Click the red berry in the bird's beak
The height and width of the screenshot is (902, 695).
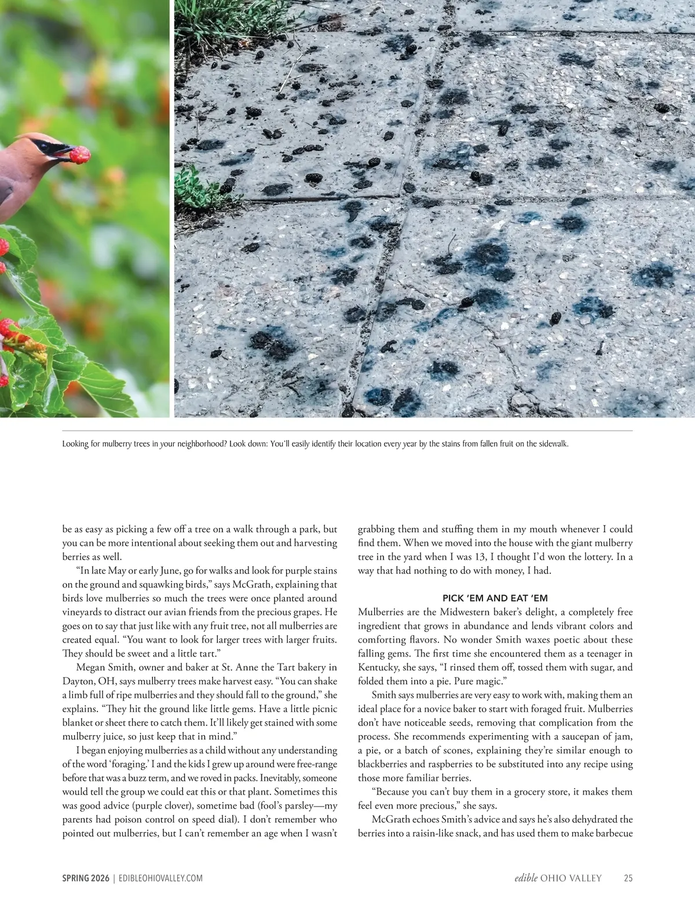pyautogui.click(x=79, y=154)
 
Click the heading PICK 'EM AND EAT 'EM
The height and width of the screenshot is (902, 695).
pyautogui.click(x=495, y=598)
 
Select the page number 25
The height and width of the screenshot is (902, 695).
pyautogui.click(x=628, y=878)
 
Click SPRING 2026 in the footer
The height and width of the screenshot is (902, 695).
pyautogui.click(x=86, y=878)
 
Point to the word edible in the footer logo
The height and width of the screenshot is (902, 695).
pyautogui.click(x=526, y=878)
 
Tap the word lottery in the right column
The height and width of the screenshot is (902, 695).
pyautogui.click(x=606, y=557)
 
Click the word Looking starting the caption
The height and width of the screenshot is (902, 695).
pyautogui.click(x=75, y=444)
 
